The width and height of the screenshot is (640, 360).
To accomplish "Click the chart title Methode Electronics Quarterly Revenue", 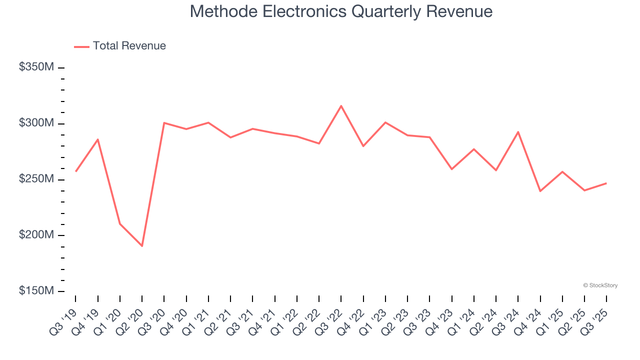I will tap(341, 11).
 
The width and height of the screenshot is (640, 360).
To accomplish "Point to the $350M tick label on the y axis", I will tap(36, 67).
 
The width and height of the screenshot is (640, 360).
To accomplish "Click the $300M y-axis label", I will tap(36, 123).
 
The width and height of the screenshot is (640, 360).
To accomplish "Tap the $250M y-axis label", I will tap(36, 179).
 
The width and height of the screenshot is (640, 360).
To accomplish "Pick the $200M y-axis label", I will tap(36, 235).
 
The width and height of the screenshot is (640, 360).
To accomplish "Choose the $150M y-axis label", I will tap(36, 290).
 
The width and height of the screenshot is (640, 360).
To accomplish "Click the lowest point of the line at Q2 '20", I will tap(142, 246).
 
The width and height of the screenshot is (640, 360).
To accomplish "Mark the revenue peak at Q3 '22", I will tap(341, 106).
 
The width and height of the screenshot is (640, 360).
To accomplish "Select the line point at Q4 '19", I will tap(98, 139).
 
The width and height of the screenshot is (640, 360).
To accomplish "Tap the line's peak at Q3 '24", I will tap(518, 132).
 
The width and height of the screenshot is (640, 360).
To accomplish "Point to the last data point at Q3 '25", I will tap(606, 183).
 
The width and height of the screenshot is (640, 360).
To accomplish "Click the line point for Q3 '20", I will tap(164, 122).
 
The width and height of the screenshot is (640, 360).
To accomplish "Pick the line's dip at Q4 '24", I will tap(540, 191).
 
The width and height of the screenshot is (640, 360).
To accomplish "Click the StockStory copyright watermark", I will tap(600, 285).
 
